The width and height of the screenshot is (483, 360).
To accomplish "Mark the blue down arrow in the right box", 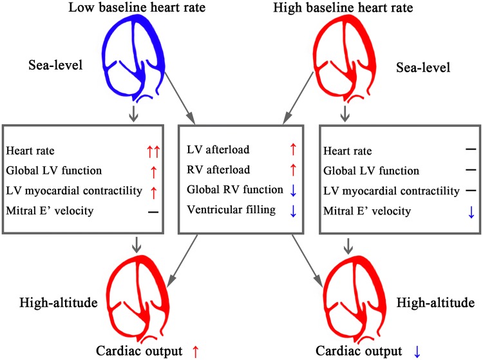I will [453, 211].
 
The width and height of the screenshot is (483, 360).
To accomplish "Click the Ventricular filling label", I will [223, 211].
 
